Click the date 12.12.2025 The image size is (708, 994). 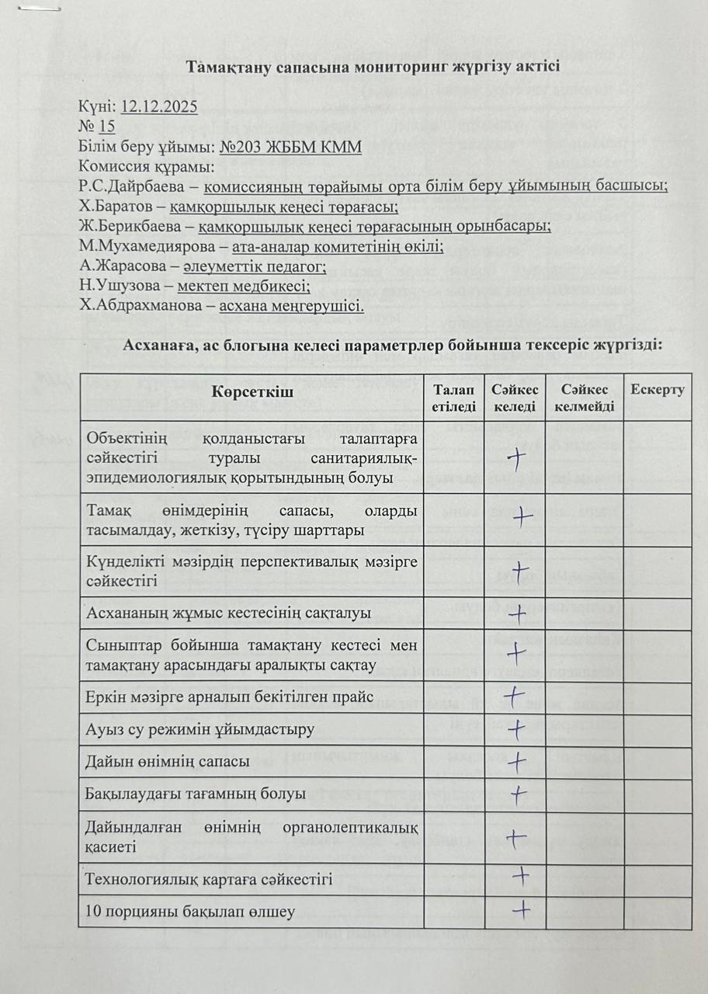pyautogui.click(x=160, y=108)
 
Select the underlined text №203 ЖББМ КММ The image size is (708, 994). pyautogui.click(x=291, y=147)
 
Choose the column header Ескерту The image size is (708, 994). pyautogui.click(x=658, y=389)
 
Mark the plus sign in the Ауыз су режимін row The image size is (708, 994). pyautogui.click(x=516, y=729)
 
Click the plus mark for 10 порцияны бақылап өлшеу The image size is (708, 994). pyautogui.click(x=522, y=907)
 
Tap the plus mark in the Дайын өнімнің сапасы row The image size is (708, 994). pyautogui.click(x=516, y=762)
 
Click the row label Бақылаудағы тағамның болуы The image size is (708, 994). pyautogui.click(x=196, y=794)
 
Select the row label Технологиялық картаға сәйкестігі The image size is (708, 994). pyautogui.click(x=210, y=879)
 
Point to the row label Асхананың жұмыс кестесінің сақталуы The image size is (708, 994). pyautogui.click(x=228, y=613)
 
